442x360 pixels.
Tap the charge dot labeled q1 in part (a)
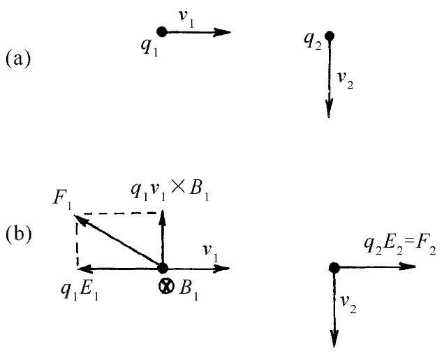point(161,31)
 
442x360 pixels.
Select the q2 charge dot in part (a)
point(330,36)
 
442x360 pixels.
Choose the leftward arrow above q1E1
point(119,268)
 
